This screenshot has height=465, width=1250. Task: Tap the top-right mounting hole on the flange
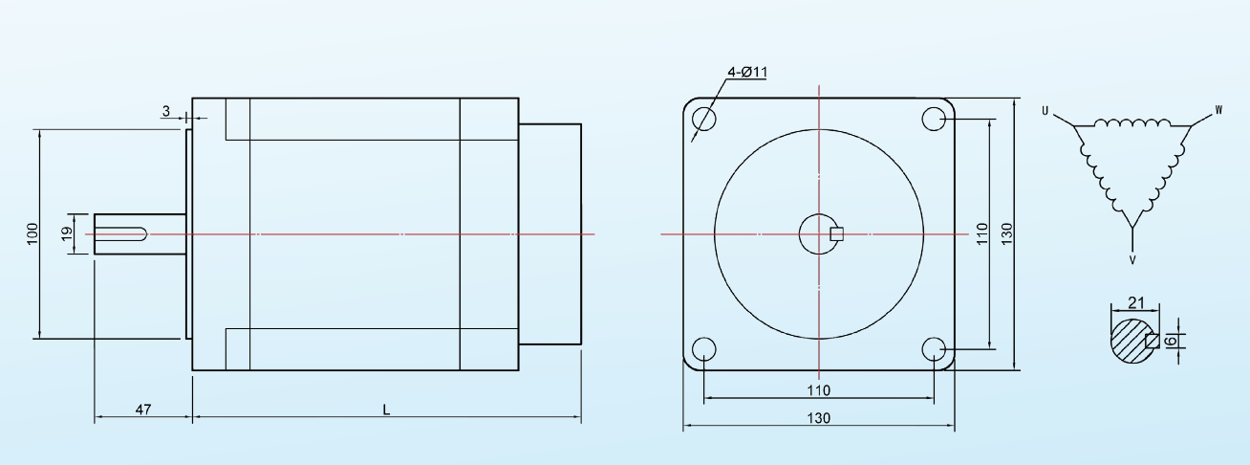tap(934, 119)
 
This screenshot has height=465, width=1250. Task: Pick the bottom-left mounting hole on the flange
tap(703, 348)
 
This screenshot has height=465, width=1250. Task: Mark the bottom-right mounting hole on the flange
tap(934, 348)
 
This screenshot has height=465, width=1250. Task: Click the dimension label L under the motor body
tap(386, 410)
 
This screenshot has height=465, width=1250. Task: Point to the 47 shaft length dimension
tap(142, 410)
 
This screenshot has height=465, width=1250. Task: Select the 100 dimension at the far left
tap(31, 232)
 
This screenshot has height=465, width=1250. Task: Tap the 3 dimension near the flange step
tap(165, 112)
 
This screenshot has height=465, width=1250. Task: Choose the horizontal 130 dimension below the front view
tap(819, 418)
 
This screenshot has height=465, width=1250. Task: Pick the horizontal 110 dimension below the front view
tap(819, 389)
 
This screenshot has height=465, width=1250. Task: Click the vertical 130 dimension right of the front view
tap(1006, 232)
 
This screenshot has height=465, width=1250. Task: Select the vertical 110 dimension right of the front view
tap(981, 234)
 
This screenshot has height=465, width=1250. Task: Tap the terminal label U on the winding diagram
tap(1045, 112)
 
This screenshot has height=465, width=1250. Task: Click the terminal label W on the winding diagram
tap(1218, 112)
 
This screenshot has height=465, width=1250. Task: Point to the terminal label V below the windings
tap(1132, 258)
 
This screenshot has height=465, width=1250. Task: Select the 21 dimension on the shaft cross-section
tap(1136, 302)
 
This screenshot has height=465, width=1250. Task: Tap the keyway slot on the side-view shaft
tap(122, 233)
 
